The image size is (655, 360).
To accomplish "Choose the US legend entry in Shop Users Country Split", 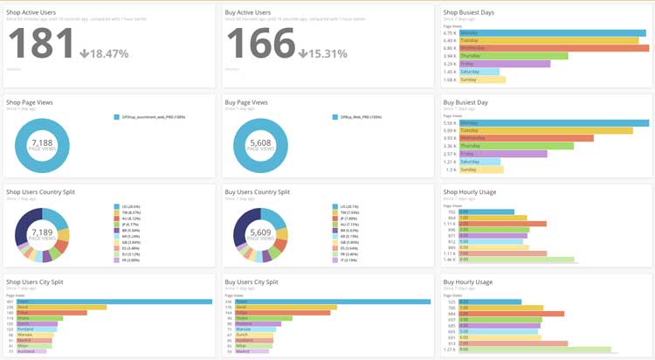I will (128, 207).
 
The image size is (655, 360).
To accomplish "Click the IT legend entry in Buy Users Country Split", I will (346, 260).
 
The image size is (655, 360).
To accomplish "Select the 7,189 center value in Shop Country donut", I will (42, 232).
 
